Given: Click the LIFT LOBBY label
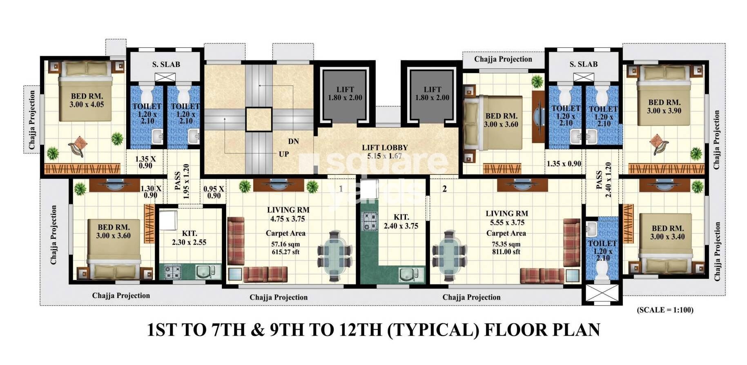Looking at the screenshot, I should coord(384,148).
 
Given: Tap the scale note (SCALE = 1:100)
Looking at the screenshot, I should coord(665,310).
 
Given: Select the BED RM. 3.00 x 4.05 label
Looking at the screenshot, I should coord(87,100).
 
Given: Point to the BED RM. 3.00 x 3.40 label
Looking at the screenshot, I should coord(667,232).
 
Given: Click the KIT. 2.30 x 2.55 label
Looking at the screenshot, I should coord(189,237).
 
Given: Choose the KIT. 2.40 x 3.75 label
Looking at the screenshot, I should coord(401,221).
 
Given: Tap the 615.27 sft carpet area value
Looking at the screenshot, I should coord(285,252).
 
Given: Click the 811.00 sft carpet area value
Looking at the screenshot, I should coord(506,252).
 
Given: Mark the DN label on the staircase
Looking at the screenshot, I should coord(293,141).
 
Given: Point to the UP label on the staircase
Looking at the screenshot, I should coord(284,154).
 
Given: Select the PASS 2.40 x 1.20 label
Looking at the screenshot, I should coord(603,180).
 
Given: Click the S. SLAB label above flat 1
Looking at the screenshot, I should coord(166,64).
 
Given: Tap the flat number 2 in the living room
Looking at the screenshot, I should coord(444,189).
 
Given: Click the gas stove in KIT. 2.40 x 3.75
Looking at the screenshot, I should coord(370,221).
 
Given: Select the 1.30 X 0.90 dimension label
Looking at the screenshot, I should coord(151,192).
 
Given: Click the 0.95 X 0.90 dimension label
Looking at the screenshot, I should coord(214,192).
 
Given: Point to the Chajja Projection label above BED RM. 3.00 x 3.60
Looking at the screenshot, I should coord(503,59).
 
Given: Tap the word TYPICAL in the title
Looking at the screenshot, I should coord(433,330).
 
